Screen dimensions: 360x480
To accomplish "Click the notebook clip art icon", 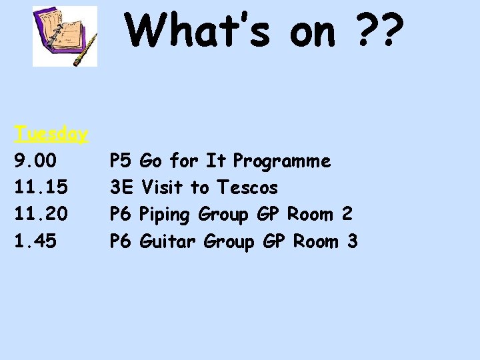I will [65, 36].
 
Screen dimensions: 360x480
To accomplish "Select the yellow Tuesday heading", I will [51, 134].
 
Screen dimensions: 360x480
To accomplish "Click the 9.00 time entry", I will [35, 161].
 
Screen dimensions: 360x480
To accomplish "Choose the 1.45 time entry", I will [35, 241].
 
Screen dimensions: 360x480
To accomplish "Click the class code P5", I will [122, 161].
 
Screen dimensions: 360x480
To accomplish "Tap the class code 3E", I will [122, 188].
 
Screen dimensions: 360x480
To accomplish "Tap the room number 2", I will [346, 215].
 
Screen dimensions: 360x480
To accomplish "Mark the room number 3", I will [352, 241].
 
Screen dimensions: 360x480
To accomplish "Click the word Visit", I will [163, 188].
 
